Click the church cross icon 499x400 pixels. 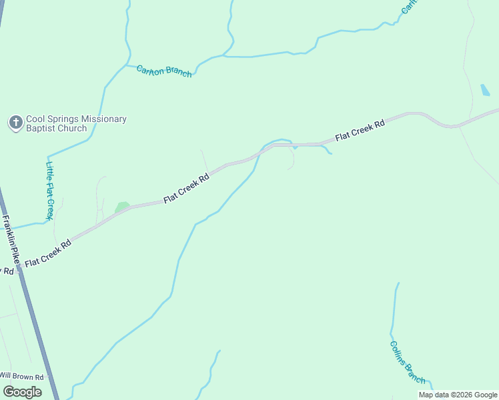coord(15,123)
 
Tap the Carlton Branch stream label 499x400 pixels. coord(164,71)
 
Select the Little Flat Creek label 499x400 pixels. coord(49,191)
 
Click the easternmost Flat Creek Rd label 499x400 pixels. coord(360,131)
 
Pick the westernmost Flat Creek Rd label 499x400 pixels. coord(47,254)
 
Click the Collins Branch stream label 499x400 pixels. coord(408,362)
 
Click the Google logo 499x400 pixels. coord(22,391)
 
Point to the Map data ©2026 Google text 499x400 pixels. coord(458,395)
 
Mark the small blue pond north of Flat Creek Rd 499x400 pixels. coord(485,91)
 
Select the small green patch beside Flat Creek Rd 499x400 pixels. coord(121,207)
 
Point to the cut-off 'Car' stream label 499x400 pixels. coord(408,7)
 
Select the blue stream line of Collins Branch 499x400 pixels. coord(393,313)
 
